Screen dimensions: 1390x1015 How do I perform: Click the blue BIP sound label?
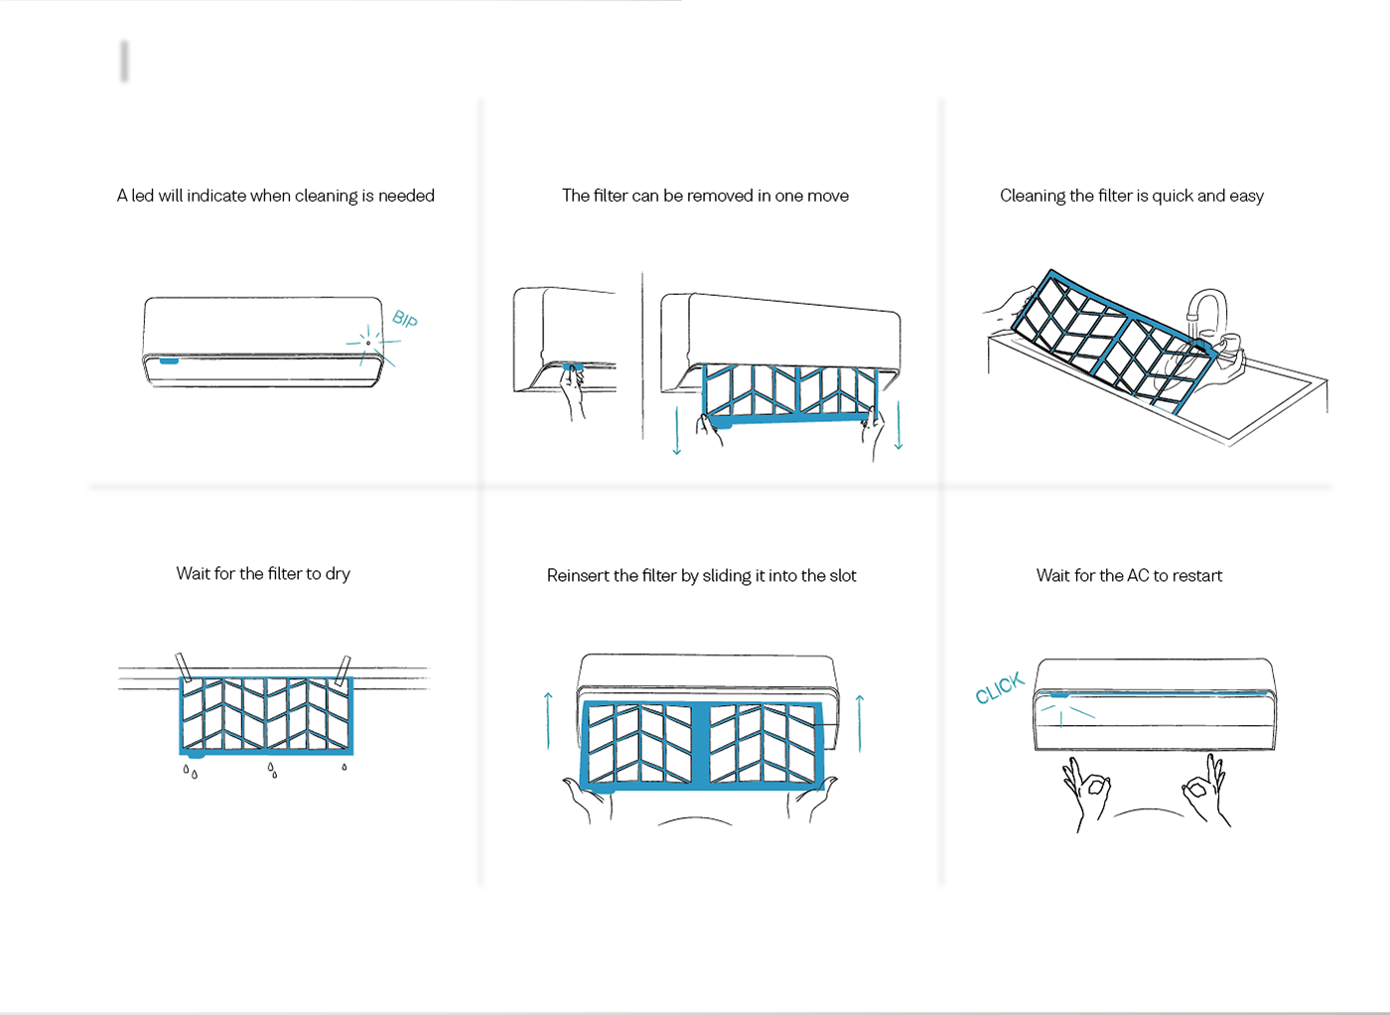[405, 319]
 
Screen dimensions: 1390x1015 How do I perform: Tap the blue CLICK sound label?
[1000, 688]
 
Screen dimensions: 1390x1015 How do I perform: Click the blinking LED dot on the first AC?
[368, 343]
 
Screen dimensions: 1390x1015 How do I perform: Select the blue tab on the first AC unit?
[170, 361]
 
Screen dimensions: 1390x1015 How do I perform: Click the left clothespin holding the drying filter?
[183, 667]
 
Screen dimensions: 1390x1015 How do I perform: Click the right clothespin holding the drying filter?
[343, 670]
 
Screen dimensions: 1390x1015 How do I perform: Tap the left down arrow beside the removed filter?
[677, 431]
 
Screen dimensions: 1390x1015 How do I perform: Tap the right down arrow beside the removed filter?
[899, 425]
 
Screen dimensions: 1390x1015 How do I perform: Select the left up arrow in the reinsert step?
[548, 721]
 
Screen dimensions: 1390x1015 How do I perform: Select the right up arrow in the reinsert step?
[860, 724]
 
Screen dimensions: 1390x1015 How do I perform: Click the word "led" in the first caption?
[142, 196]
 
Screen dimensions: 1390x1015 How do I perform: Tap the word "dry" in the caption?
[338, 574]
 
